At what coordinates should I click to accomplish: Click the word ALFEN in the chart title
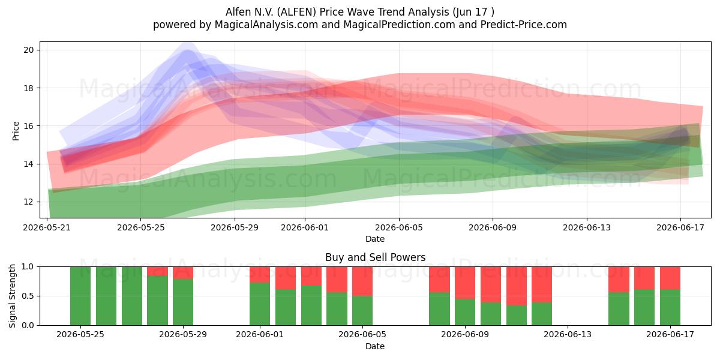click(296, 12)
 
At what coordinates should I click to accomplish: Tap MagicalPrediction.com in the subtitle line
click(399, 25)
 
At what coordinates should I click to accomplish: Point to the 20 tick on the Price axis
click(28, 50)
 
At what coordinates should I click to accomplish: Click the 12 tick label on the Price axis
click(28, 202)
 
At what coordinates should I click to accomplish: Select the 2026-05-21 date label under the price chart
click(47, 227)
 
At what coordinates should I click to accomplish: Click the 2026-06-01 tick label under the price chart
click(305, 227)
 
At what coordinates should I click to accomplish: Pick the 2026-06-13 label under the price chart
click(587, 227)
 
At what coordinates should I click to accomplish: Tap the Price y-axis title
click(16, 131)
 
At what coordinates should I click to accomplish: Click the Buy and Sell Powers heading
click(375, 257)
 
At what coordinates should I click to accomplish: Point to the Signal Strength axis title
click(12, 296)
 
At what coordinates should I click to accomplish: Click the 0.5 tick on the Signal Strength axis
click(28, 296)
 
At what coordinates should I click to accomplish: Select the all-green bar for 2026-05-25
click(80, 296)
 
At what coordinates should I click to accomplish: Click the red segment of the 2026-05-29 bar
click(183, 273)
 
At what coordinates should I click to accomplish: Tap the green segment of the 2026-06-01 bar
click(260, 304)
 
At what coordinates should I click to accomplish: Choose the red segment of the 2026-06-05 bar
click(362, 281)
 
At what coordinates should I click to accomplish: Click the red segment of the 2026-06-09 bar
click(465, 283)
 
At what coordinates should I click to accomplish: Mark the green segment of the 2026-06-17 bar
click(670, 307)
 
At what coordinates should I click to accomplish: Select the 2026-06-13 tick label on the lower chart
click(568, 335)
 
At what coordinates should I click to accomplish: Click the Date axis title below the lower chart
click(375, 346)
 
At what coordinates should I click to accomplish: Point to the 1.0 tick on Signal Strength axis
click(28, 267)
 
